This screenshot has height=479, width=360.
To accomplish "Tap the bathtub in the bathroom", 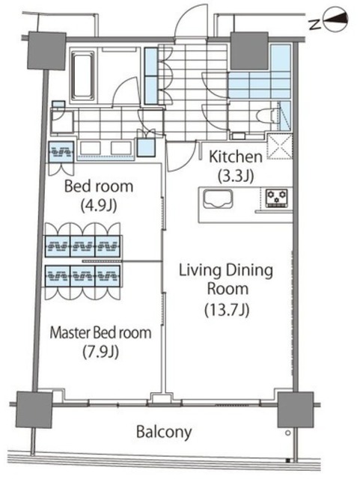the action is point(82,75).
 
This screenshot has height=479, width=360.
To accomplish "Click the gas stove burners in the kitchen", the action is point(276,198).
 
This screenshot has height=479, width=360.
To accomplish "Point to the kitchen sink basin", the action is point(217,199).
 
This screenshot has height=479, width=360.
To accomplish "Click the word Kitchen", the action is point(236,156).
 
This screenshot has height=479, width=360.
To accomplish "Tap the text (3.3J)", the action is point(236,177).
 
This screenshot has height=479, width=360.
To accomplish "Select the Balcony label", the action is point(164,433).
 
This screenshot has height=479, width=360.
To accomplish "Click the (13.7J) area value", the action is point(227,310).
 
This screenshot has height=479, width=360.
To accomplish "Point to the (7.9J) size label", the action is point(100,352).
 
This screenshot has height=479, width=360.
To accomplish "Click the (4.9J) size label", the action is point(99,206).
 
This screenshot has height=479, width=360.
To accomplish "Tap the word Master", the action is point(70,332).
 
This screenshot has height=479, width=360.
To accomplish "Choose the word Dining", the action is point(248,271).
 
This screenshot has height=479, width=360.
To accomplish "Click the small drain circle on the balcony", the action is point(287,433).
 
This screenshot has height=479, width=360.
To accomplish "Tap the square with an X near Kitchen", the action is point(280,147).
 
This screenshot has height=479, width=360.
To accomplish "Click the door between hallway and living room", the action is point(181,156).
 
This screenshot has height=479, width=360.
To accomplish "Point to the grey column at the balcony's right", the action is point(296,409).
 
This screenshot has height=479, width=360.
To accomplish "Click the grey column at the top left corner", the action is point(46,50).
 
